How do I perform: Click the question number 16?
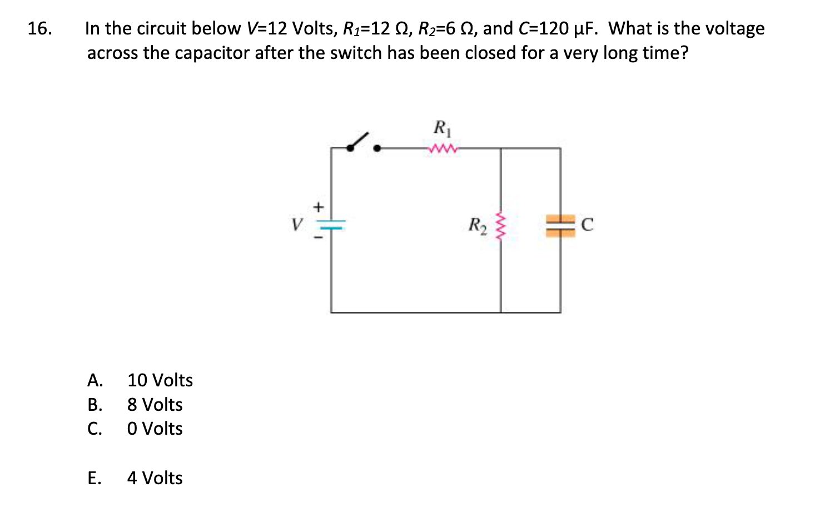(40, 28)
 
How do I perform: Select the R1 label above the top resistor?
(443, 128)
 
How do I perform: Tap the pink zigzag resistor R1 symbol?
(443, 148)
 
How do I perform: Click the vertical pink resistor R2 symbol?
(500, 226)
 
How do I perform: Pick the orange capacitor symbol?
(560, 226)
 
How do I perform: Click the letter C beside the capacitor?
(587, 225)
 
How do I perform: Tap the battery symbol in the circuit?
(332, 225)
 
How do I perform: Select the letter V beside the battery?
(297, 225)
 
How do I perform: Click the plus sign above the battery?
(318, 207)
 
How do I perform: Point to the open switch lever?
(359, 141)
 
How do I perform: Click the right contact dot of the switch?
(377, 148)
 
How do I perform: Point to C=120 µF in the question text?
(558, 28)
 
